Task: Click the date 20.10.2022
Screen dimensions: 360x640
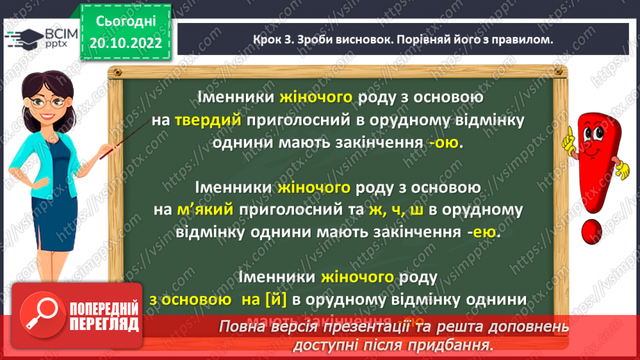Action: tap(126, 44)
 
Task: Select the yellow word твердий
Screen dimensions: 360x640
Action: tap(206, 120)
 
